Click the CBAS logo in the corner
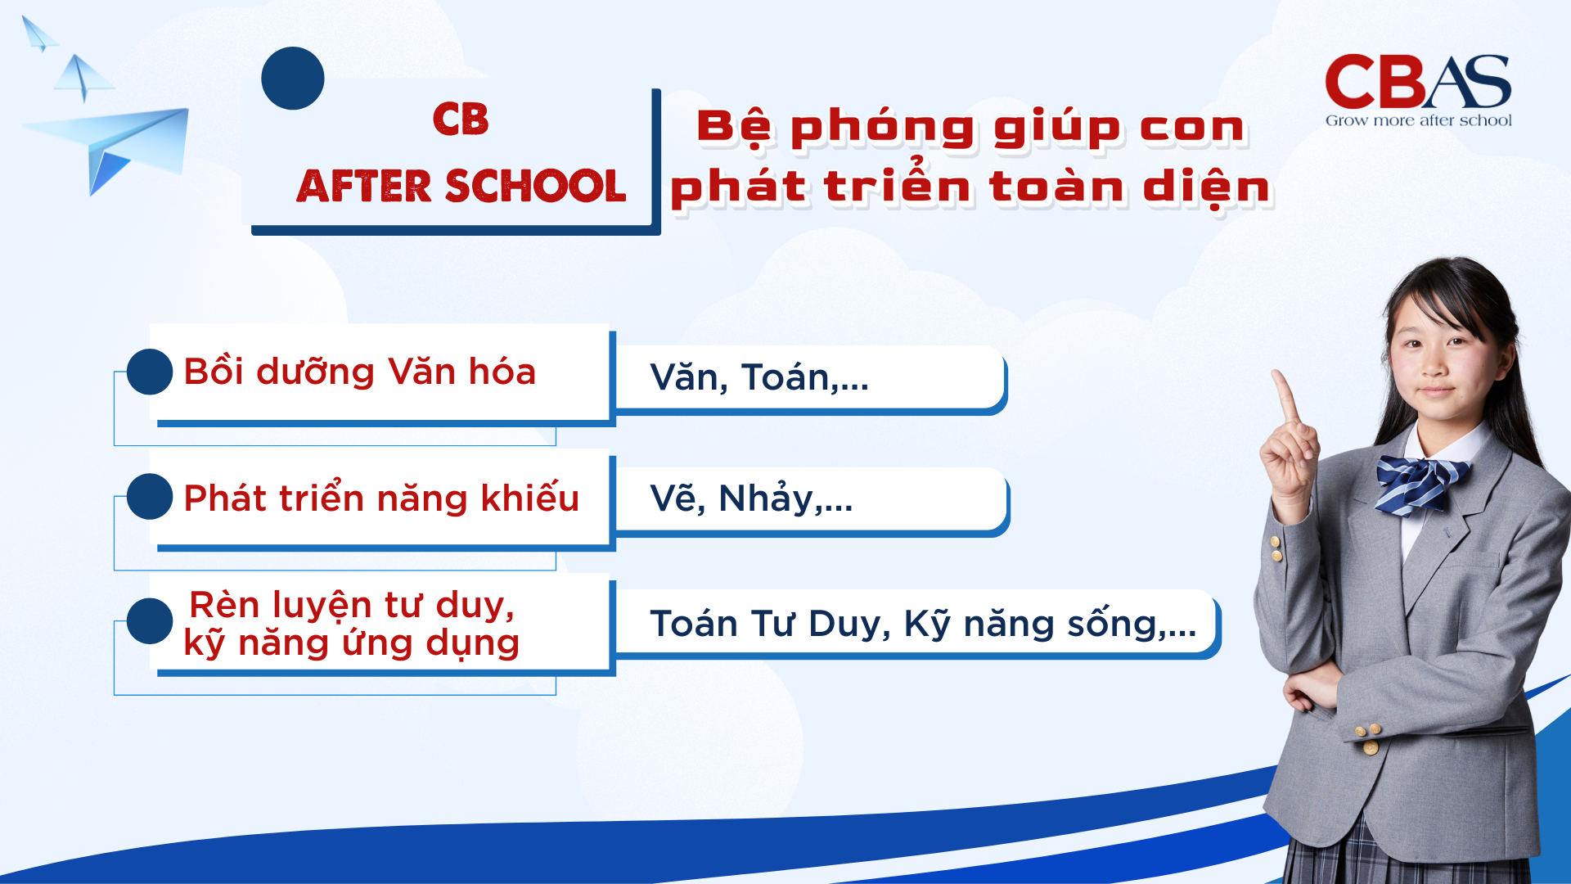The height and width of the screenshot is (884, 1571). click(1417, 83)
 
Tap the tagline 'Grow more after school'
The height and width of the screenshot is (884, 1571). click(1418, 120)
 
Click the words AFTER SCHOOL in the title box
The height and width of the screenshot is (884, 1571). click(461, 187)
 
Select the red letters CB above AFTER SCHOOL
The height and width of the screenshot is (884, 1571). click(461, 120)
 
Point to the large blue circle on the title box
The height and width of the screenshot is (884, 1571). click(293, 79)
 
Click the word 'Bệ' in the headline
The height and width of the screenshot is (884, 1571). click(734, 128)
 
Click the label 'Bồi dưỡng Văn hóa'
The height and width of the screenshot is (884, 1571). click(360, 372)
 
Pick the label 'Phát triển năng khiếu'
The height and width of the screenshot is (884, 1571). click(381, 498)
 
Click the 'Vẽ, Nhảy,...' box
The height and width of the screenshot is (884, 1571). click(810, 498)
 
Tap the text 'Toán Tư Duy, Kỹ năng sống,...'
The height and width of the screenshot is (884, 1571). click(923, 624)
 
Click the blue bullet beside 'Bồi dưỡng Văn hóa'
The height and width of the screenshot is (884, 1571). click(150, 372)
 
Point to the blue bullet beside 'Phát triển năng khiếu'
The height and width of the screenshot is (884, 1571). click(150, 497)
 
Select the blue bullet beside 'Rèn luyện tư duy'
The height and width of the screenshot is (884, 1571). click(150, 621)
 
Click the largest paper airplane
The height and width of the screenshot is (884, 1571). click(115, 147)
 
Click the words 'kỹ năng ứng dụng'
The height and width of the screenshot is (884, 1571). click(352, 643)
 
